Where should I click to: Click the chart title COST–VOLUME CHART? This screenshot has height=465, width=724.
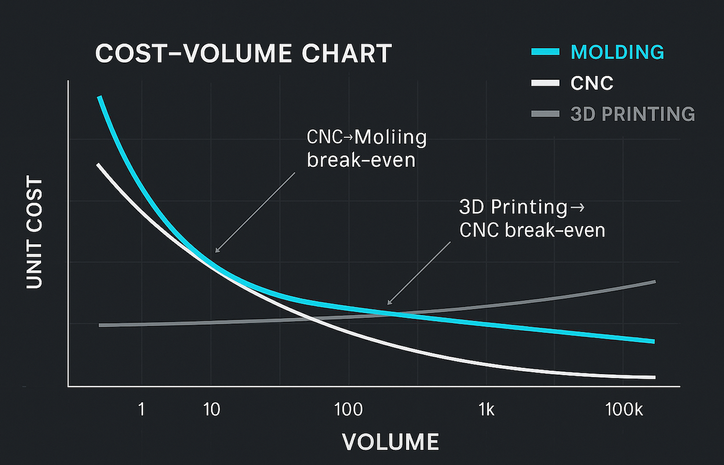point(243,54)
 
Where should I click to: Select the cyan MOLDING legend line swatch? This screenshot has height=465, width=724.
point(545,52)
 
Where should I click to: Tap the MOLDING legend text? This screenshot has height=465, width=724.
point(617,52)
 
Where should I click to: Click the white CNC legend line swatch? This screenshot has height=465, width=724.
point(545,83)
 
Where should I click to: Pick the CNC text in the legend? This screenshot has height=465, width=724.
point(592,83)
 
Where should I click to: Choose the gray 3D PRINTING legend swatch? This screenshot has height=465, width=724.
point(545,114)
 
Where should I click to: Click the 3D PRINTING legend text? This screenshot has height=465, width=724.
point(632,114)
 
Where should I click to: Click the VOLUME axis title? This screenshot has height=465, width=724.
point(390,442)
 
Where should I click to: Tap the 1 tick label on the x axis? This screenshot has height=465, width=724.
point(141,410)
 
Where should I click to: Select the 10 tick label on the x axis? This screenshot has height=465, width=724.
point(212,410)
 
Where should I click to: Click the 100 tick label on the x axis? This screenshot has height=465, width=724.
point(348,410)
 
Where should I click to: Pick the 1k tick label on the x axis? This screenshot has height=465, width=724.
point(486,410)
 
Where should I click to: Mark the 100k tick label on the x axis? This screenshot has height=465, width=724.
point(623,410)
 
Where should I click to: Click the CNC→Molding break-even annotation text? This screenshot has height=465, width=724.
point(366,149)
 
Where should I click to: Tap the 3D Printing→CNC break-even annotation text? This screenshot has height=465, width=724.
point(532,218)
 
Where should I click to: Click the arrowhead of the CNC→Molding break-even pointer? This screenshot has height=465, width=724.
point(216,252)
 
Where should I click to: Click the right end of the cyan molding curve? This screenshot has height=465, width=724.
point(653,341)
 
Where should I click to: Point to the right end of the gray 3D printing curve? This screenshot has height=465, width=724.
point(654,281)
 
